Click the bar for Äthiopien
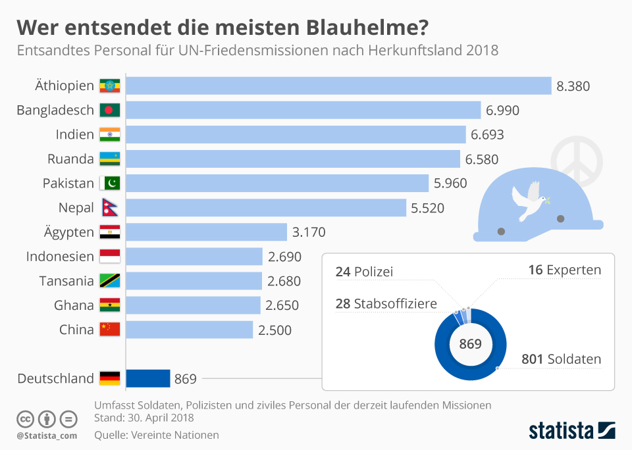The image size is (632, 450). (x=338, y=86)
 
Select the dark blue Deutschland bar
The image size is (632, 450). (x=148, y=378)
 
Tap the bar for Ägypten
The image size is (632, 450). (x=206, y=232)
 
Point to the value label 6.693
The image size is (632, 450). (x=487, y=135)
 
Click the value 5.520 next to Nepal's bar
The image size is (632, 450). (x=428, y=209)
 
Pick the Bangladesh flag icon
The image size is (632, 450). (x=109, y=111)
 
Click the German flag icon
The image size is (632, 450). (x=109, y=378)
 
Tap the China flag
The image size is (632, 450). (x=109, y=330)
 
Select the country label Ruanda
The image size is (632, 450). (x=70, y=159)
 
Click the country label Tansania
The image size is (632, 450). (x=66, y=281)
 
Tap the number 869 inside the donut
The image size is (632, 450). (x=470, y=344)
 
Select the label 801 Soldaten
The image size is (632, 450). (x=561, y=360)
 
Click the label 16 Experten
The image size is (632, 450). (x=564, y=270)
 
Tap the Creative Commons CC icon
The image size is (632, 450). (x=26, y=419)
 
